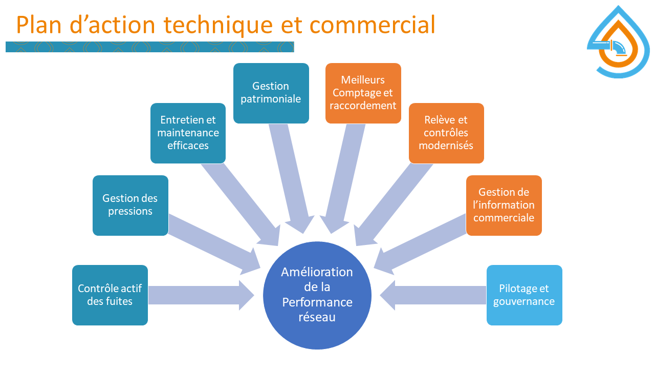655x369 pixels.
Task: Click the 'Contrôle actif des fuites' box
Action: (110, 295)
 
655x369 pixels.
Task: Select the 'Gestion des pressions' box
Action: (130, 205)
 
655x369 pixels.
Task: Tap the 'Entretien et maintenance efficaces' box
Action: (188, 133)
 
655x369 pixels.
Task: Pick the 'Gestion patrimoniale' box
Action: (271, 93)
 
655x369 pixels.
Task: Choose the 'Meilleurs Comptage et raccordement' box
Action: (363, 93)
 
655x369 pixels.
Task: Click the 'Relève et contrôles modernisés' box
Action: (446, 133)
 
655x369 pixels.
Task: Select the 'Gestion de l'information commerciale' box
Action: (504, 205)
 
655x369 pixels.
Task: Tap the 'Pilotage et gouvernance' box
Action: (524, 295)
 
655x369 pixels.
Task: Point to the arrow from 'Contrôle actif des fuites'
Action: (200, 295)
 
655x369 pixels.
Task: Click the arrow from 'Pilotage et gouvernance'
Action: (435, 295)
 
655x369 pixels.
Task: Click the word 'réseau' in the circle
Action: (317, 317)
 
